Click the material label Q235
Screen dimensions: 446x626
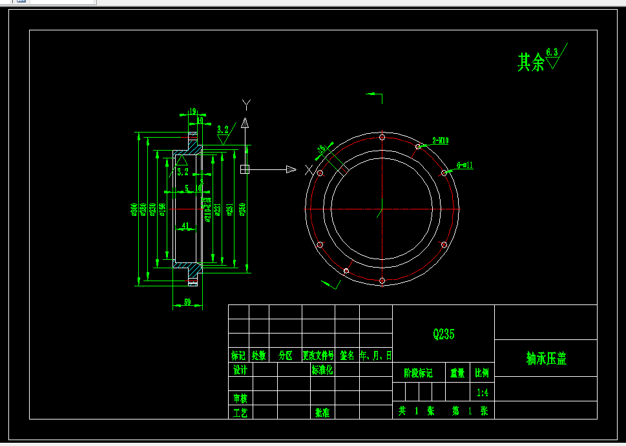[444, 334]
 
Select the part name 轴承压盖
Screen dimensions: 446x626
[546, 359]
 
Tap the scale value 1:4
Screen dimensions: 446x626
[482, 392]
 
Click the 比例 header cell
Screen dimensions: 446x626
[482, 373]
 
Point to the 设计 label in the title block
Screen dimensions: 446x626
[240, 370]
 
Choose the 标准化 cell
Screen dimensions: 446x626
[322, 370]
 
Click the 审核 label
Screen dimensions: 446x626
[240, 398]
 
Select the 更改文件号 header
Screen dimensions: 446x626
[318, 356]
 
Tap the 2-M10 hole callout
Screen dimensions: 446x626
[441, 140]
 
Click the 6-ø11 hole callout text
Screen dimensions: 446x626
[465, 165]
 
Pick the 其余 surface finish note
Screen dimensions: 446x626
[530, 63]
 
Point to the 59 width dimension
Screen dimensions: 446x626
[187, 302]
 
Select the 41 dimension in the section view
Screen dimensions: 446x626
[185, 226]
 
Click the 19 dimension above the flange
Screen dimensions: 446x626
[192, 111]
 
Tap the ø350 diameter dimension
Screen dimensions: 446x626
[242, 209]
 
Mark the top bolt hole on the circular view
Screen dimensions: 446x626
[382, 137]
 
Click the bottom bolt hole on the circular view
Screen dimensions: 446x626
[382, 281]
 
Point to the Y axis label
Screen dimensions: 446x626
[245, 104]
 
